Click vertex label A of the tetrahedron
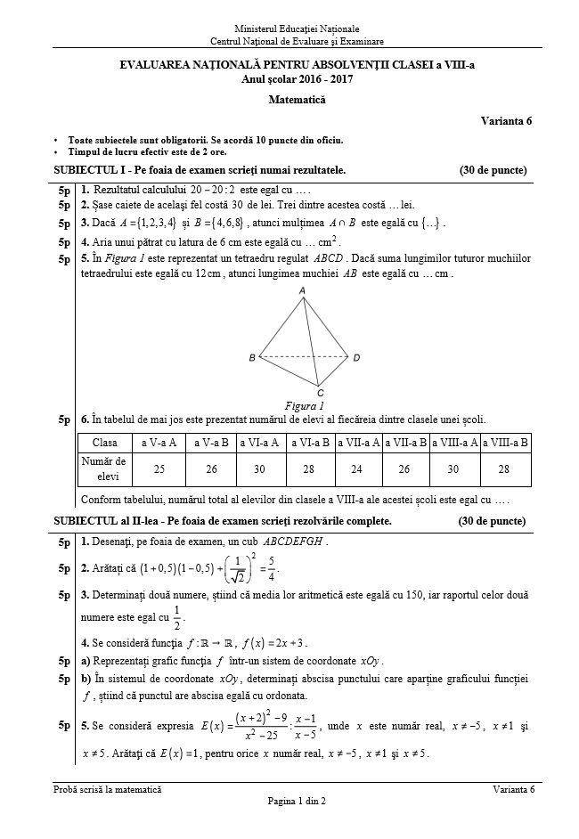pos(304,291)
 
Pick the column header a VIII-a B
pos(504,442)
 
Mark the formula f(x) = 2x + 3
pos(266,643)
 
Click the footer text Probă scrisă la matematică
pos(107,790)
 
